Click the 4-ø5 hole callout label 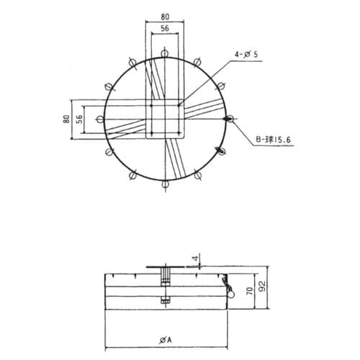(x=246, y=55)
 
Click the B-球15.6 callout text (x=273, y=140)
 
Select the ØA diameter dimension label (x=166, y=340)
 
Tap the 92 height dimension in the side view (x=263, y=287)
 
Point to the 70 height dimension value (x=250, y=291)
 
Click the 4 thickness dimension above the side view (x=196, y=258)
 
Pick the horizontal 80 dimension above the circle (x=165, y=17)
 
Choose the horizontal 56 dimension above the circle (x=165, y=28)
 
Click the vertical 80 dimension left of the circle (x=66, y=120)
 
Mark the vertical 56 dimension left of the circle (x=79, y=120)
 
